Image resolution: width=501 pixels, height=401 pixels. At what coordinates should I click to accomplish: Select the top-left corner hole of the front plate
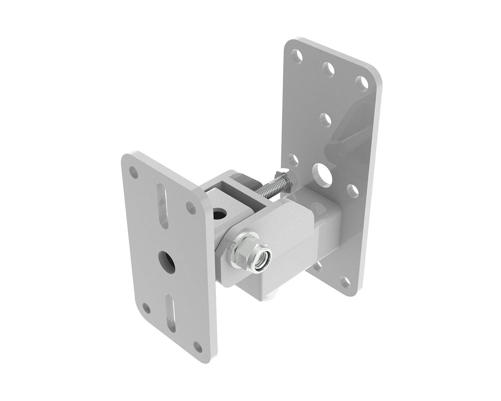[134, 172]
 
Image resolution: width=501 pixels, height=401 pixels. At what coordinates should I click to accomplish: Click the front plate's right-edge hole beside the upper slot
[191, 207]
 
